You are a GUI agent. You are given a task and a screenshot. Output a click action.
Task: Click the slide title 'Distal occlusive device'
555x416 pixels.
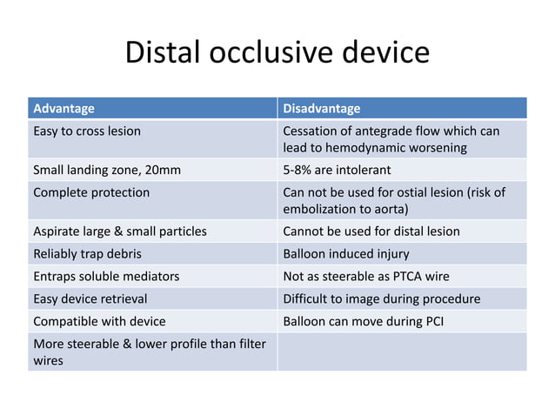pyautogui.click(x=277, y=54)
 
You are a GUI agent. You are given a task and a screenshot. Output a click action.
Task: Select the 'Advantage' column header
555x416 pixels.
pyautogui.click(x=64, y=109)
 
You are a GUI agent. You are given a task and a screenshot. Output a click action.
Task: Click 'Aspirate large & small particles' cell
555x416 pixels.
pyautogui.click(x=119, y=231)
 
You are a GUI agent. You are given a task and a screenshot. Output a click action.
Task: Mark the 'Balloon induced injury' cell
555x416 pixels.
pyautogui.click(x=345, y=254)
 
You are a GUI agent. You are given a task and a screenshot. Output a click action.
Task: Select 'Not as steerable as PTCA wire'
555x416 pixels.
pyautogui.click(x=367, y=277)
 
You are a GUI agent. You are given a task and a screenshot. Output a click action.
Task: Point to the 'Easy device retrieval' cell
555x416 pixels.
pyautogui.click(x=91, y=299)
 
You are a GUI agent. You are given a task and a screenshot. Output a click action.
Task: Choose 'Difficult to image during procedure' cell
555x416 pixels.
pyautogui.click(x=382, y=299)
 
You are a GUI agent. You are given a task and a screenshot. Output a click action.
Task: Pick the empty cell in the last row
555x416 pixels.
pyautogui.click(x=402, y=352)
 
